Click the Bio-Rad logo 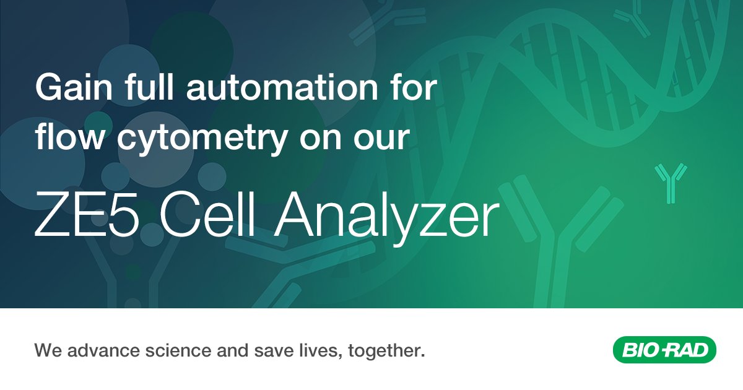tap(664, 351)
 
